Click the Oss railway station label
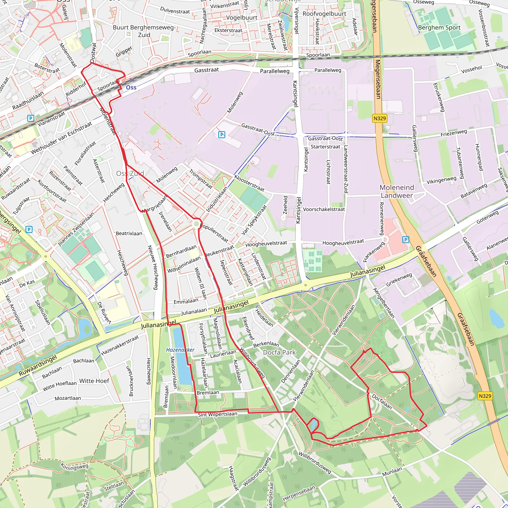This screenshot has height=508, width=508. [131, 87]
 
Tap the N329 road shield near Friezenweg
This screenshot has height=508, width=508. [380, 118]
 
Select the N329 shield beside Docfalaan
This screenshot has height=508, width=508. [485, 396]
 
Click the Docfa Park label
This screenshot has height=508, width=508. [279, 352]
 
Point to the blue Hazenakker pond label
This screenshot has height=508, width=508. [180, 350]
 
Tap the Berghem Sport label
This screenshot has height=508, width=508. [439, 27]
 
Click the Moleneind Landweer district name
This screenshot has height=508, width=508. [397, 191]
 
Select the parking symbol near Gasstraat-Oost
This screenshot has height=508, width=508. [222, 135]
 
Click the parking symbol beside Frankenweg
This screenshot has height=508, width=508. [406, 240]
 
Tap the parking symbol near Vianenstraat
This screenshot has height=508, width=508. [31, 118]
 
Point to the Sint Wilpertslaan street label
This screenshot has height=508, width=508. [218, 414]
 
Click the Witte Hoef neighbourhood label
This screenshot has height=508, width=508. [94, 381]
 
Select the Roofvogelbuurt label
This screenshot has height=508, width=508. [324, 14]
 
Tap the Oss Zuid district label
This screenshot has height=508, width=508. [130, 173]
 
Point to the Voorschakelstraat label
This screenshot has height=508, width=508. [324, 209]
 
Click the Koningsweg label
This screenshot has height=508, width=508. [74, 469]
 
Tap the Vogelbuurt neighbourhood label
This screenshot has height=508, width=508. [242, 18]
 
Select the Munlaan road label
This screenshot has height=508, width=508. [392, 472]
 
